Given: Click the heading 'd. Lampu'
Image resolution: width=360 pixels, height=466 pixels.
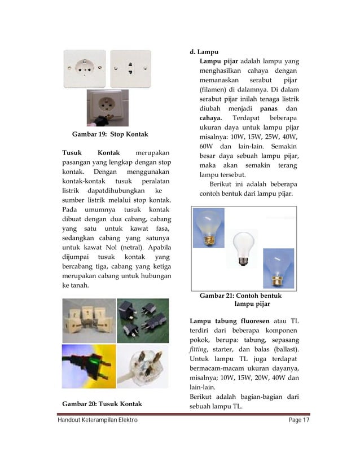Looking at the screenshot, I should coord(207,52).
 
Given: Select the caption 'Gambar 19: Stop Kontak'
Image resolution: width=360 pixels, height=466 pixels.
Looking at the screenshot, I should coord(110,134).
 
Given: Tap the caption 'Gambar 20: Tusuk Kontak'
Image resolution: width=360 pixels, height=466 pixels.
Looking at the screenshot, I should coord(102,403).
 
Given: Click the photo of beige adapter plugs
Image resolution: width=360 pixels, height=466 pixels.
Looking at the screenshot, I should coord(88,320).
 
